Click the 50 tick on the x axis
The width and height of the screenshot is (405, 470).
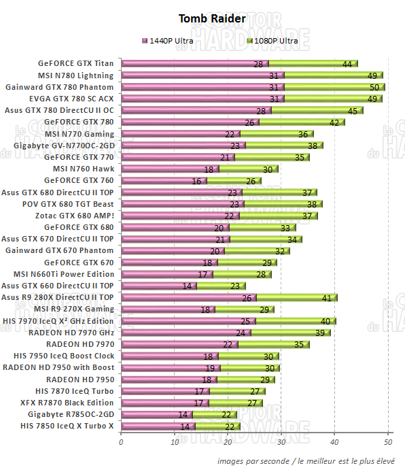coord(388,442)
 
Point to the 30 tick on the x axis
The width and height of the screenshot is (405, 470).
coord(281,442)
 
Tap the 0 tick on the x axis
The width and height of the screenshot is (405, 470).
coord(121,442)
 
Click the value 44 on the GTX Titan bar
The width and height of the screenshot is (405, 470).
coord(347,64)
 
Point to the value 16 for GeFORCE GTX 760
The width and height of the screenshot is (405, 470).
coord(197,181)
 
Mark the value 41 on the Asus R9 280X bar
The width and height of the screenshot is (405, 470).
coord(326,298)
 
